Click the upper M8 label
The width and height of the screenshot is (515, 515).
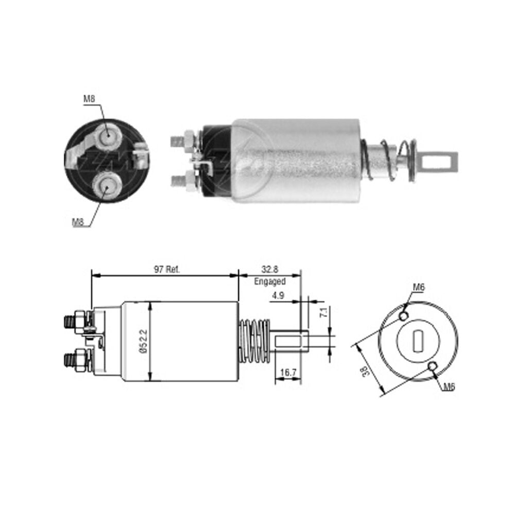89,98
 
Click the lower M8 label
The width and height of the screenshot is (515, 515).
78,222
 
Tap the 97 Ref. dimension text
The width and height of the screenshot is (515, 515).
167,270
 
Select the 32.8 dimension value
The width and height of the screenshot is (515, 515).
270,269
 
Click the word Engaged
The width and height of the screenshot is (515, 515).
270,282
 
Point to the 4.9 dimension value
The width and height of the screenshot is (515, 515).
278,296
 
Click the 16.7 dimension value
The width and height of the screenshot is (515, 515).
288,372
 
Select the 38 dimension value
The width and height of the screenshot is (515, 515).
365,371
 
